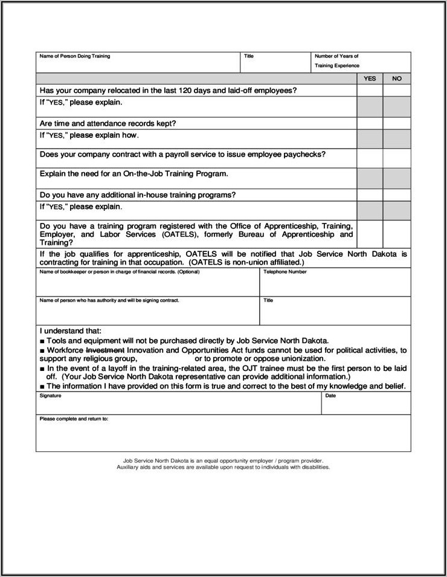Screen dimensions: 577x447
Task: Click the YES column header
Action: pos(370,79)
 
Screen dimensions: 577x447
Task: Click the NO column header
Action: pos(397,79)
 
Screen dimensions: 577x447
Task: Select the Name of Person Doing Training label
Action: pos(75,56)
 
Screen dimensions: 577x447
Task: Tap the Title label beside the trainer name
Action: pos(249,56)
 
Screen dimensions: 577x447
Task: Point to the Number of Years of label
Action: pos(336,56)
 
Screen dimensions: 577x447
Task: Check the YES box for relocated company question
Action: pos(370,91)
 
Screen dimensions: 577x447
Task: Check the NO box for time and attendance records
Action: pos(397,123)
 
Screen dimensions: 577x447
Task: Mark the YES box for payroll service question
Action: pos(370,158)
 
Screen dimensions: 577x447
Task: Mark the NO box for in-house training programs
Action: pos(397,195)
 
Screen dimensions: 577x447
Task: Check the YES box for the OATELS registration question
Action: pos(370,234)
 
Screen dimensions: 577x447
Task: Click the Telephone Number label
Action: pos(285,272)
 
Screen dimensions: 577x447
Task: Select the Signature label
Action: pos(50,396)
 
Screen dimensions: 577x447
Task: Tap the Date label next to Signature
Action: pos(330,396)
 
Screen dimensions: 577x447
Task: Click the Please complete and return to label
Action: pos(74,419)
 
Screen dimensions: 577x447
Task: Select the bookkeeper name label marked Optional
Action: pos(119,272)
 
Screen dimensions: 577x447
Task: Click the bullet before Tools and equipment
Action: pos(42,341)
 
